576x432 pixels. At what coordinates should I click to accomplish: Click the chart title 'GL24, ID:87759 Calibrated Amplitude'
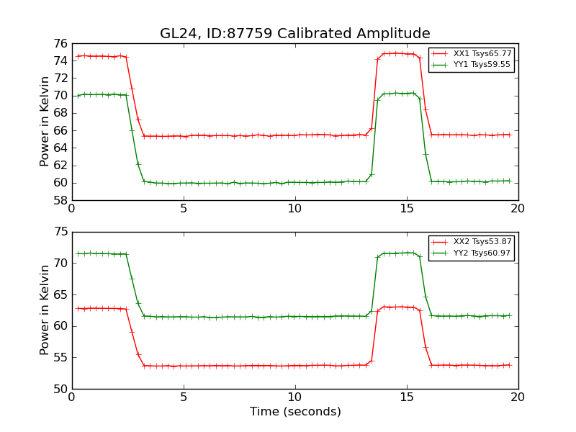click(294, 34)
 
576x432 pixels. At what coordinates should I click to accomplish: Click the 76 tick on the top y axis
click(60, 43)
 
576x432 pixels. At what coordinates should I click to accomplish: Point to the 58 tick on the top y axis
click(60, 200)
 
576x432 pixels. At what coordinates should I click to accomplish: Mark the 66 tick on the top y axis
click(60, 130)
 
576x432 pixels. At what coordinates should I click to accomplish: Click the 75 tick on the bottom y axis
click(60, 232)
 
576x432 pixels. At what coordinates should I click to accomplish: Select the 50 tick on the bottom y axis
click(60, 389)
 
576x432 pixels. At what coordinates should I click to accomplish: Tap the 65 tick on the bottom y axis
click(60, 294)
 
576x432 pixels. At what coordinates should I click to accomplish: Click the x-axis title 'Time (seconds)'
click(294, 412)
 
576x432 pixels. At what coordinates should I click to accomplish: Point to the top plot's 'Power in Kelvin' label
click(45, 121)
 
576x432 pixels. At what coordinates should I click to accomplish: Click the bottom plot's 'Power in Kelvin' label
click(45, 310)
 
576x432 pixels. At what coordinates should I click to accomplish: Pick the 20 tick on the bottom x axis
click(518, 397)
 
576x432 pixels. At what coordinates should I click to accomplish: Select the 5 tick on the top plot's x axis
click(184, 209)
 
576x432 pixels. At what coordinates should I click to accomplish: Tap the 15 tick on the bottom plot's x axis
click(406, 397)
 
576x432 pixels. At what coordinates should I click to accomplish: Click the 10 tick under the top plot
click(294, 209)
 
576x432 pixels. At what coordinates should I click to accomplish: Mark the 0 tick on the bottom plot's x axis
click(72, 397)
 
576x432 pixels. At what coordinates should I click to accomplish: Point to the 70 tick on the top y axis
click(60, 96)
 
